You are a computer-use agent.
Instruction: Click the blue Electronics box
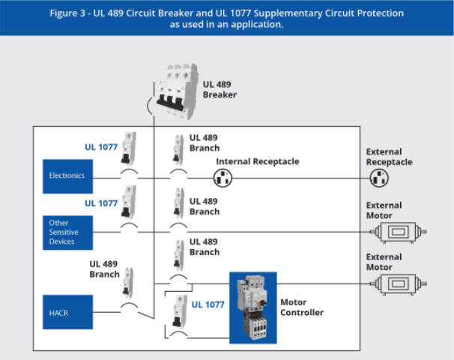(x=67, y=175)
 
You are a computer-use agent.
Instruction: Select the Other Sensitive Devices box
(x=67, y=232)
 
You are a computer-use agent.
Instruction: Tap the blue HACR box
(x=67, y=312)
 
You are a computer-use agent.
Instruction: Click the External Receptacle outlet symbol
(x=380, y=178)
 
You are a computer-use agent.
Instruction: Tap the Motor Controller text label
(x=302, y=307)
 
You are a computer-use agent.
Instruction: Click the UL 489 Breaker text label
(x=220, y=89)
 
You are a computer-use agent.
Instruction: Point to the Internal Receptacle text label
(x=257, y=161)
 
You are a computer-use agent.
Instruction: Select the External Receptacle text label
(x=389, y=157)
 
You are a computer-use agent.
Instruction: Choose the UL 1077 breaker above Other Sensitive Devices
(x=130, y=201)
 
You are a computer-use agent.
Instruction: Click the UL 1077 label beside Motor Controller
(x=208, y=304)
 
